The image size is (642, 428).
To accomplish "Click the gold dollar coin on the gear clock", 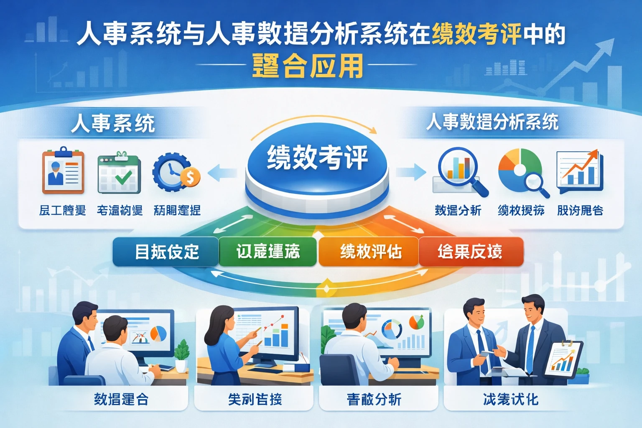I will point(190,177).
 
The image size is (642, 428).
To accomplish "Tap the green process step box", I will point(267,252).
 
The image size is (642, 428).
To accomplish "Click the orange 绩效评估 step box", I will point(369,252).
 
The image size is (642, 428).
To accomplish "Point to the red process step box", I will point(471,252).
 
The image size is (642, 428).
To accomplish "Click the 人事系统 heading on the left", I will point(113,123).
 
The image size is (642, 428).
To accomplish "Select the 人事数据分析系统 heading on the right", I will point(492,122).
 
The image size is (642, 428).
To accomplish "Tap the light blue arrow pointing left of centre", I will point(221,172).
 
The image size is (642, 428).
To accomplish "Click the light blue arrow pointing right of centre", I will point(412,172).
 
